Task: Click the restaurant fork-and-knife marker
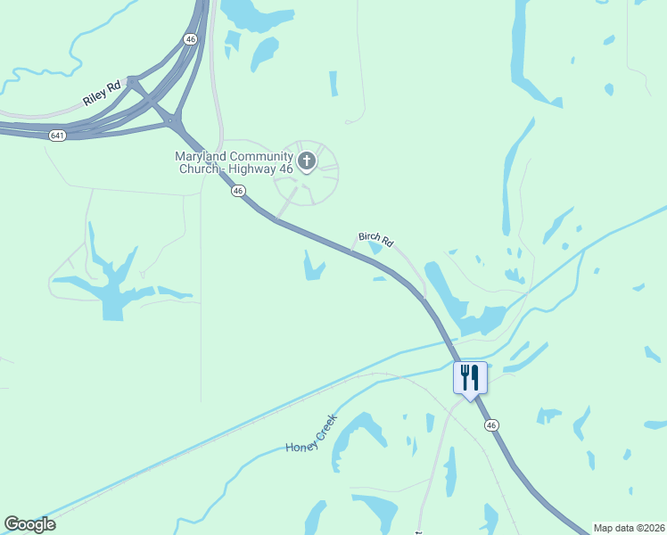pyautogui.click(x=470, y=377)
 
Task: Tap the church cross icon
pyautogui.click(x=307, y=161)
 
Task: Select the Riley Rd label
pyautogui.click(x=101, y=94)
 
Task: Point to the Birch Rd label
pyautogui.click(x=375, y=239)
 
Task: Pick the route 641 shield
pyautogui.click(x=57, y=135)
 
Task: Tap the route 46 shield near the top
pyautogui.click(x=190, y=39)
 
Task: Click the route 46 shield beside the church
pyautogui.click(x=237, y=190)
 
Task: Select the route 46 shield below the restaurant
pyautogui.click(x=491, y=425)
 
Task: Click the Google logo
pyautogui.click(x=29, y=524)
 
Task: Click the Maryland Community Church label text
pyautogui.click(x=234, y=161)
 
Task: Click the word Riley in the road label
pyautogui.click(x=94, y=98)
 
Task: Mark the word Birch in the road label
pyautogui.click(x=369, y=236)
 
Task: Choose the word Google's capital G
pyautogui.click(x=12, y=524)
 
